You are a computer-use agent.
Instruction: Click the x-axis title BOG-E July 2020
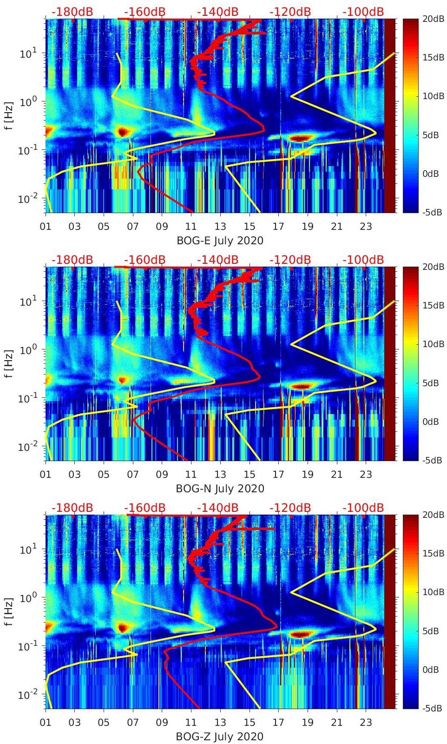click(220, 241)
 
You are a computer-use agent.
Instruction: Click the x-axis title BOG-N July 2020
click(220, 489)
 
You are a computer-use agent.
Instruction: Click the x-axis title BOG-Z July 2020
click(220, 737)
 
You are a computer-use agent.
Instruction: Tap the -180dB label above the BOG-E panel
click(72, 12)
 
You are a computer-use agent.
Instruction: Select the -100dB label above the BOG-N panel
click(363, 260)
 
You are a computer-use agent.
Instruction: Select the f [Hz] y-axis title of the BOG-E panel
click(8, 115)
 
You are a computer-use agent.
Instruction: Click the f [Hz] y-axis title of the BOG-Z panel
click(8, 611)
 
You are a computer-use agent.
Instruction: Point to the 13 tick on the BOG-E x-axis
click(220, 227)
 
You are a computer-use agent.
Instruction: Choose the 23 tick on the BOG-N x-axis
click(366, 475)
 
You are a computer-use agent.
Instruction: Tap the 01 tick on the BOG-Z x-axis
click(46, 723)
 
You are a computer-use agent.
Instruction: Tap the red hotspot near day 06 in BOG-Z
click(122, 628)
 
